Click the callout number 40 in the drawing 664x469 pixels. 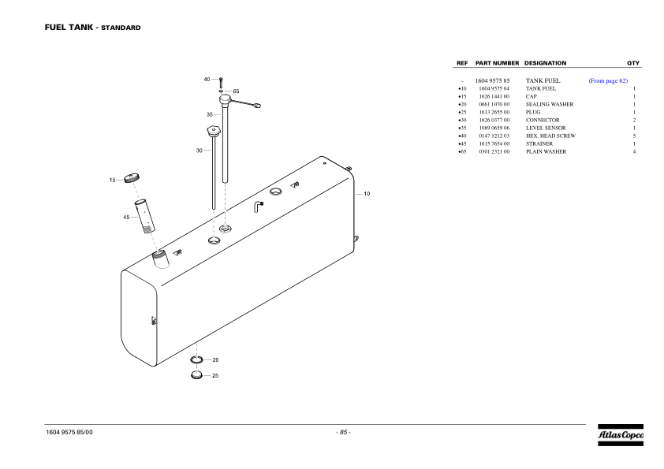coord(207,80)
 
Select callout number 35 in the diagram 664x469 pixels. coord(210,114)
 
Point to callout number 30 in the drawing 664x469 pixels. coord(200,151)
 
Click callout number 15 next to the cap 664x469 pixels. coord(113,181)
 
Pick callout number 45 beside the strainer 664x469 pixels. coord(126,217)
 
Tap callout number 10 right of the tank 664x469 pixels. coord(367,193)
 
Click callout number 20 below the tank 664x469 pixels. coord(215,359)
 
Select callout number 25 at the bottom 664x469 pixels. coord(215,375)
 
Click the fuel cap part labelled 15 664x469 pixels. coord(132,181)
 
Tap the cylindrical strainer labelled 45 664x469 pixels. coord(146,216)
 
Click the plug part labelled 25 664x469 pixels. coord(196,374)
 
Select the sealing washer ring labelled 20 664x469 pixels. coord(196,360)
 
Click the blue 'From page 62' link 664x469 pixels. coord(607,80)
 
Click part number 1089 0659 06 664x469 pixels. coord(494,128)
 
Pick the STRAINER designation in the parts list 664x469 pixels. coord(539,143)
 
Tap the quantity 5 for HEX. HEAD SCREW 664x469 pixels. coord(634,136)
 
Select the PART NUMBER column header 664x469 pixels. coord(497,63)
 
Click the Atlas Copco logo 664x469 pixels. coord(620,436)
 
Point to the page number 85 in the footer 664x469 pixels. coord(344,432)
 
